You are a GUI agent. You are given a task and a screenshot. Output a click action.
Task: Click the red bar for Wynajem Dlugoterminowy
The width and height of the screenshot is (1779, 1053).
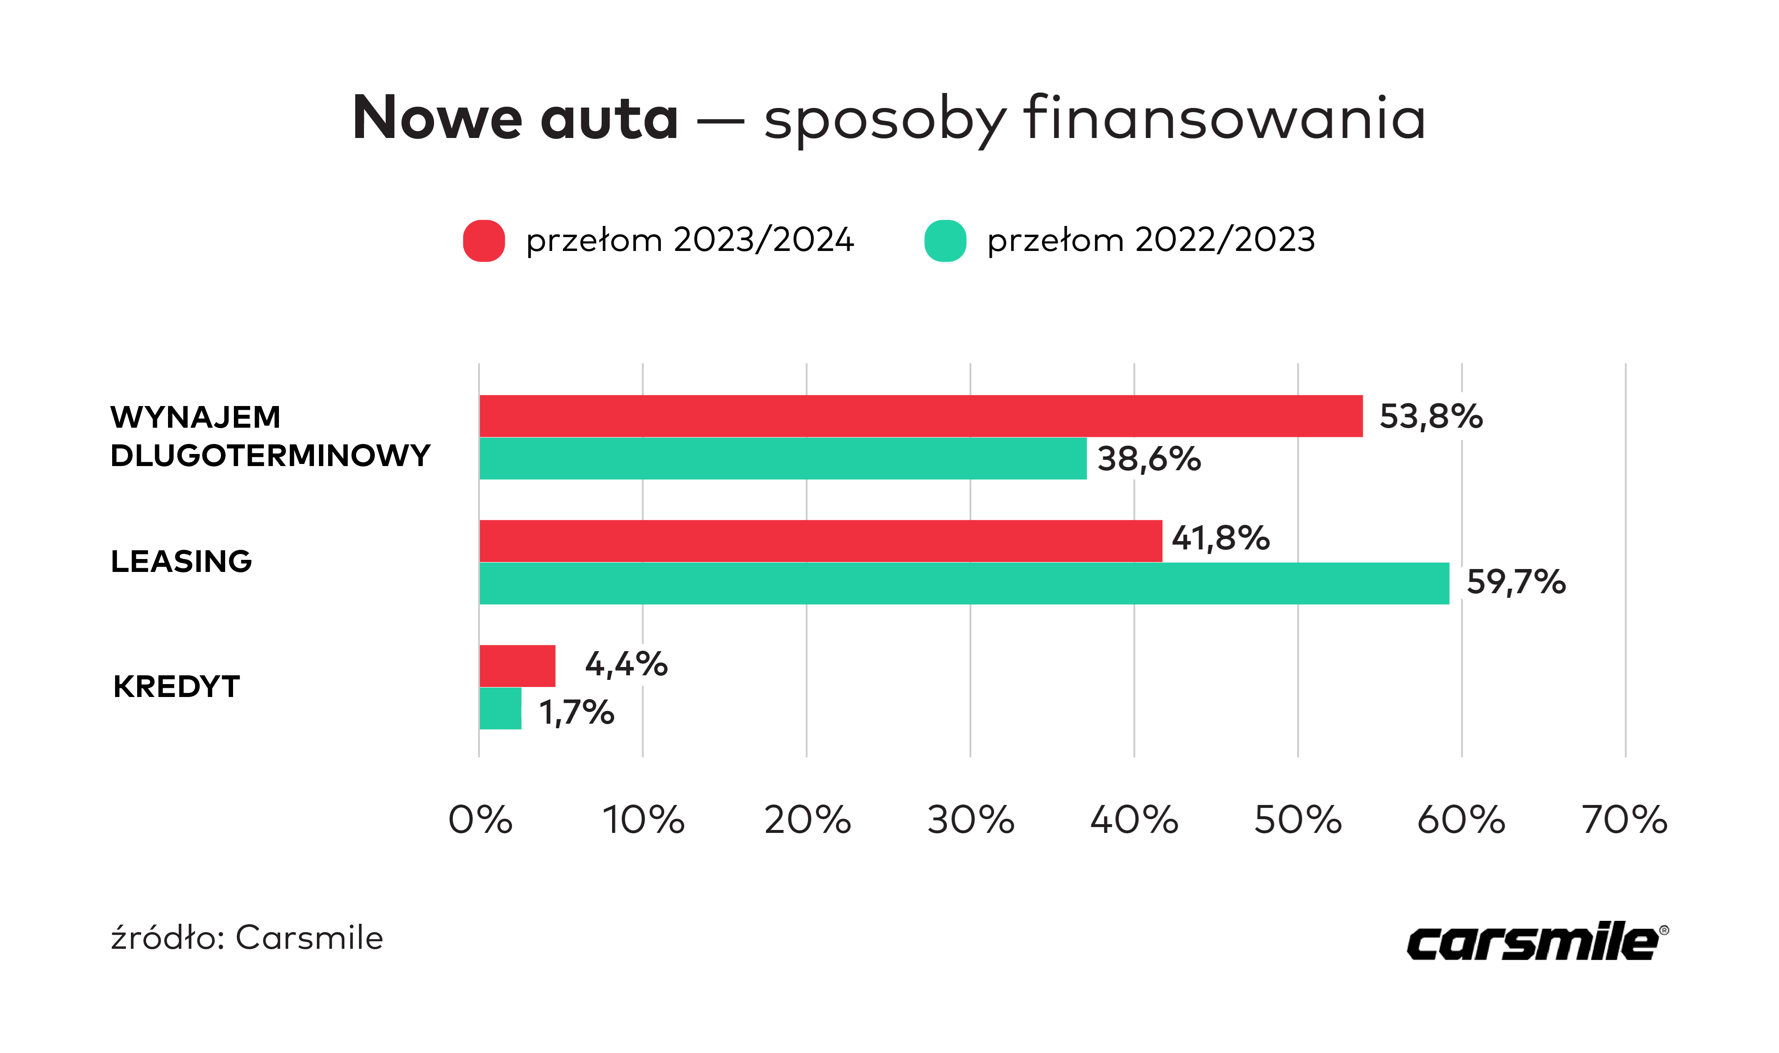point(921,416)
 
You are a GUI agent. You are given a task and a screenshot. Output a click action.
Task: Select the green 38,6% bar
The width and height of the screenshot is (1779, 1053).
point(783,459)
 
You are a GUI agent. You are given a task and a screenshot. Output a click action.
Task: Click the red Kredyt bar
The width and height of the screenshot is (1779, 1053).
point(517,666)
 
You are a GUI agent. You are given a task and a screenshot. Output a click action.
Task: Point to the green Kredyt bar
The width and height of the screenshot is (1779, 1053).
point(500,708)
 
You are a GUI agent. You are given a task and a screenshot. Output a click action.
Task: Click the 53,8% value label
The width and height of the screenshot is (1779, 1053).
point(1430,416)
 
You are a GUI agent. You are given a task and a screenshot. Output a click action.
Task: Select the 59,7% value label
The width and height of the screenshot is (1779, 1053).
point(1516,582)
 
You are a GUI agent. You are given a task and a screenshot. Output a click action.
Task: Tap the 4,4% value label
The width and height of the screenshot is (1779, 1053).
point(626,664)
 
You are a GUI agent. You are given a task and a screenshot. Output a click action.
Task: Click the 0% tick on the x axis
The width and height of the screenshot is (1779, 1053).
point(480,820)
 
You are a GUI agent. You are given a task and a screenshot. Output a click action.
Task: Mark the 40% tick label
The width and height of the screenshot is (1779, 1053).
point(1134,820)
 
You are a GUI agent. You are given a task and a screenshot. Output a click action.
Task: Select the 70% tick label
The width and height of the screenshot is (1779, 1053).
point(1624,820)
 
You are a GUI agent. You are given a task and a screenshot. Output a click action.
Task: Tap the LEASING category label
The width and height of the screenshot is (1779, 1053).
point(182,561)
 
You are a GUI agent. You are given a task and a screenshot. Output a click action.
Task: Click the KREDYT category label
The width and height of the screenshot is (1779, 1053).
point(177,687)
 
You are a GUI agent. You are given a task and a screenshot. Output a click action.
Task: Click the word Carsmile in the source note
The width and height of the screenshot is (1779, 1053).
point(309,938)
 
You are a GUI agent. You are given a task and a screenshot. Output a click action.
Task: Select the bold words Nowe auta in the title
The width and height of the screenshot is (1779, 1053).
point(515,118)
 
